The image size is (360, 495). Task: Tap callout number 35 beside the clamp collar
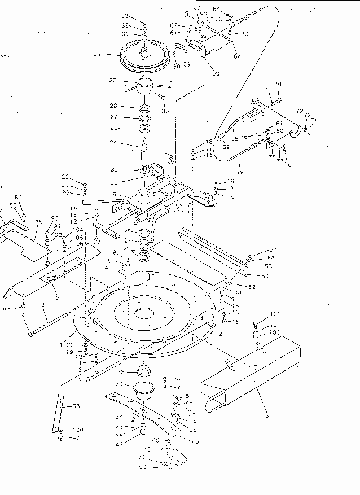(113, 81)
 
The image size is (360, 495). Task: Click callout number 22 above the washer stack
(65, 177)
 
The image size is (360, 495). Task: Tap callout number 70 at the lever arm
(277, 85)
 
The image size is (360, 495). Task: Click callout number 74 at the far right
(314, 120)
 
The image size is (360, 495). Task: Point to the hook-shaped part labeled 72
(294, 132)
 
